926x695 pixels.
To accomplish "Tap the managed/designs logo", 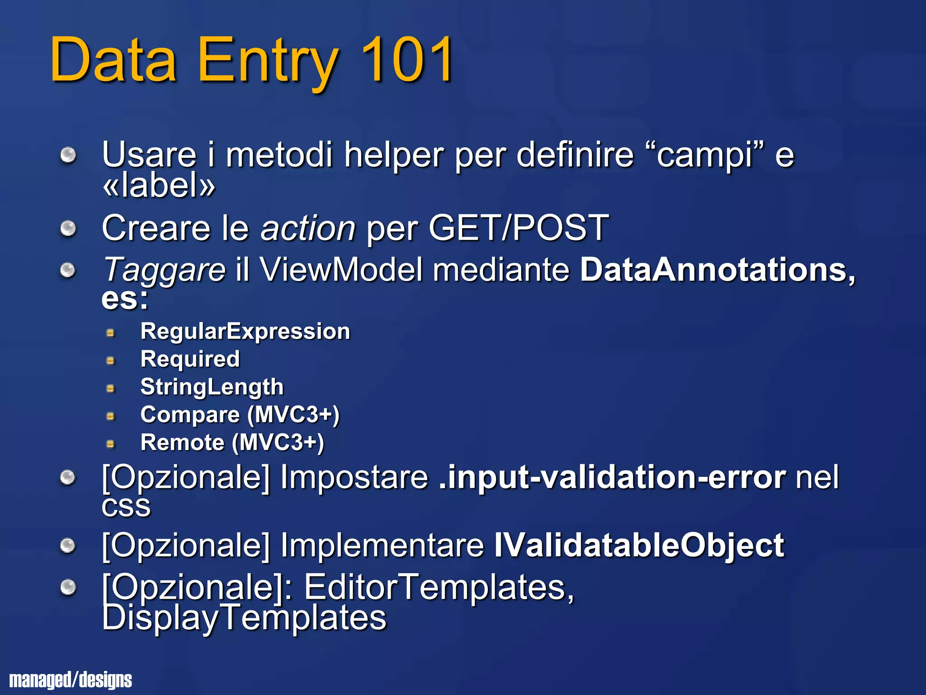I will pos(71,680).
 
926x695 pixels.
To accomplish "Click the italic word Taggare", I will pos(164,270).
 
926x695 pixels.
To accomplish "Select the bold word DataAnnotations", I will pos(717,270).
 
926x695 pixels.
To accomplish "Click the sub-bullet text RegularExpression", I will pos(245,331).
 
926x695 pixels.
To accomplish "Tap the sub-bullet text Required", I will pos(190,359).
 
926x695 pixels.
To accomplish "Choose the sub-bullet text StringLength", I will pos(212,387).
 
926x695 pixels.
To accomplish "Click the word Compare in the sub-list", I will pos(190,415).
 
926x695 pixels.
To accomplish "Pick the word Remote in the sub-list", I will pos(182,443).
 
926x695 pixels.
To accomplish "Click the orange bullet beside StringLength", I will pos(110,388).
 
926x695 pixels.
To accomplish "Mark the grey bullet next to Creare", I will pos(68,228).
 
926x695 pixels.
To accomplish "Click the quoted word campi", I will pos(705,155).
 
